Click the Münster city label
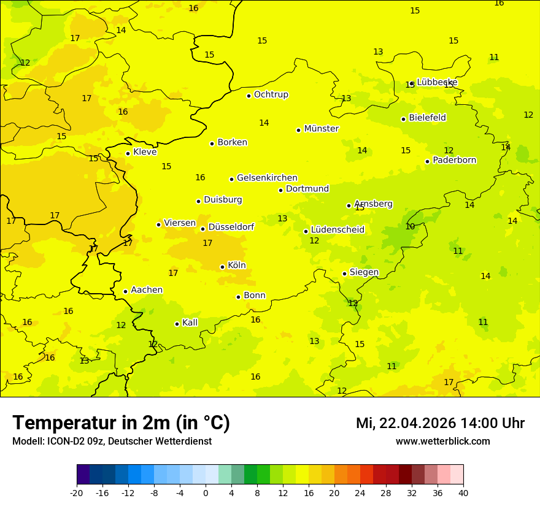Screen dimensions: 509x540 click(321, 129)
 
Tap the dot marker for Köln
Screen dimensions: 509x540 click(222, 267)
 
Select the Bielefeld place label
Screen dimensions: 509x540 click(427, 118)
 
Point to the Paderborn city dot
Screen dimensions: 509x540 click(427, 161)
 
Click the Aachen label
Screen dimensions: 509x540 click(147, 290)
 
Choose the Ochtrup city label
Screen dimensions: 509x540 click(271, 94)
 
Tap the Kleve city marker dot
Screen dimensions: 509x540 click(128, 153)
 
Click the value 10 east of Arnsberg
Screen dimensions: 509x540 click(410, 226)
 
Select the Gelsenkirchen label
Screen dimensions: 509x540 click(267, 178)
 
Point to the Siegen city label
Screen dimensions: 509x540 click(364, 272)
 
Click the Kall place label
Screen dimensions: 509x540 click(190, 323)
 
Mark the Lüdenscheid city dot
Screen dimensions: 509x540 click(306, 231)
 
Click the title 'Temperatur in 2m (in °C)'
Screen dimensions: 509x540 click(121, 423)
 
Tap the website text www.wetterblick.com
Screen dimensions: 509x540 click(442, 441)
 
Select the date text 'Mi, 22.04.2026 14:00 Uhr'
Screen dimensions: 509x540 click(440, 423)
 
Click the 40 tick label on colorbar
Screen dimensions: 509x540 click(463, 492)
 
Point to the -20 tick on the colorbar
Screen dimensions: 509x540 click(77, 492)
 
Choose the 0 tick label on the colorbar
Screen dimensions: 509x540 click(206, 492)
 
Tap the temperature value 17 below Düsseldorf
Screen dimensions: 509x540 click(207, 243)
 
